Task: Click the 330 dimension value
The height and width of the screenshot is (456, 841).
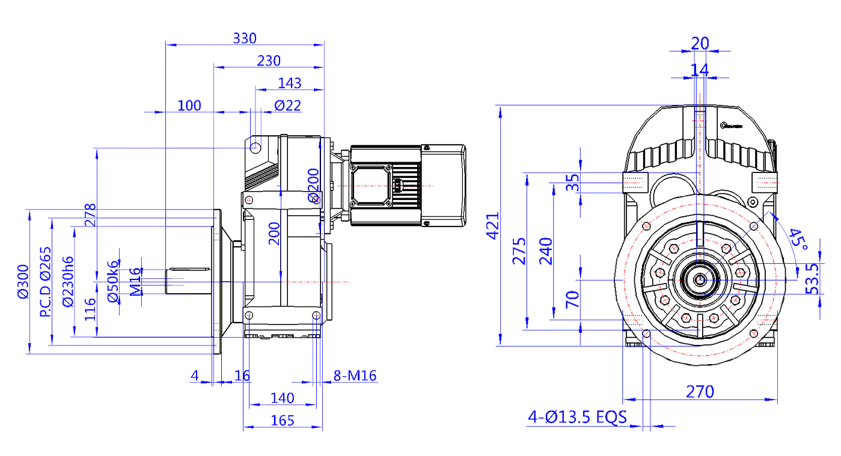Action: (245, 38)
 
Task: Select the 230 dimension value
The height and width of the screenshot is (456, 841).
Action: (269, 61)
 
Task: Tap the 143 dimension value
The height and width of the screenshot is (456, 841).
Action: (290, 83)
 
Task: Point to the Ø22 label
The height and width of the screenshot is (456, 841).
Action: (287, 106)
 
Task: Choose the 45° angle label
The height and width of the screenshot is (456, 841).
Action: (798, 239)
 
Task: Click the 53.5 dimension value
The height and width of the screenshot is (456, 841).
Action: (812, 278)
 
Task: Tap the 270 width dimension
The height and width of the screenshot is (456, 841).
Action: (700, 392)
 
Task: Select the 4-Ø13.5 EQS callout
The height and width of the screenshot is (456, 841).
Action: (577, 417)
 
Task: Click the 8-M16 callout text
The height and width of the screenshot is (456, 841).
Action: (355, 376)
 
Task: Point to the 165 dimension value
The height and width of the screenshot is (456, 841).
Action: (283, 421)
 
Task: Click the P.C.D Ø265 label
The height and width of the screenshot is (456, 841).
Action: (46, 282)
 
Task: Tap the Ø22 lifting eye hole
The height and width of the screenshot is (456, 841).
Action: (255, 147)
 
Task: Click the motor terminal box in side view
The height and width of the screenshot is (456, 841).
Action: (369, 186)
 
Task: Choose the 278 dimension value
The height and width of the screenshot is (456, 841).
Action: (91, 214)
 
